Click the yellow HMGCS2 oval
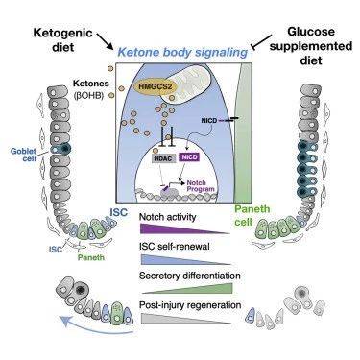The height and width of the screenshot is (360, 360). click(150, 86)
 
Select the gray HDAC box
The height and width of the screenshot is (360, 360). click(163, 157)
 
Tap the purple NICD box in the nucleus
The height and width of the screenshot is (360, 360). click(190, 157)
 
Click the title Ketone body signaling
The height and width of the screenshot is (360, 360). click(182, 52)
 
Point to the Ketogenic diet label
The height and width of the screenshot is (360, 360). click(59, 39)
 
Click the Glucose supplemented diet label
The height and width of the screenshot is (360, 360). click(311, 46)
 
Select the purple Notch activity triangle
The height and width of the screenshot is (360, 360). click(185, 228)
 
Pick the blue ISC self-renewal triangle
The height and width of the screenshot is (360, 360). click(185, 259)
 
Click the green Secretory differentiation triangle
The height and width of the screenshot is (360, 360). click(188, 288)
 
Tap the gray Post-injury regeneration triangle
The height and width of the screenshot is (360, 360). click(185, 319)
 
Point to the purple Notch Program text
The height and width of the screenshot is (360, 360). click(200, 186)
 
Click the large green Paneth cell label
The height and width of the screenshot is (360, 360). click(252, 215)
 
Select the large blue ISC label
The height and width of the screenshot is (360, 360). click(118, 212)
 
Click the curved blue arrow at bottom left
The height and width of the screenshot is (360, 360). click(95, 327)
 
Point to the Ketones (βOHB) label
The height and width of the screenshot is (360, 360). click(91, 89)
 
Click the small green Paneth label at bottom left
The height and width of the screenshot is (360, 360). click(91, 257)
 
